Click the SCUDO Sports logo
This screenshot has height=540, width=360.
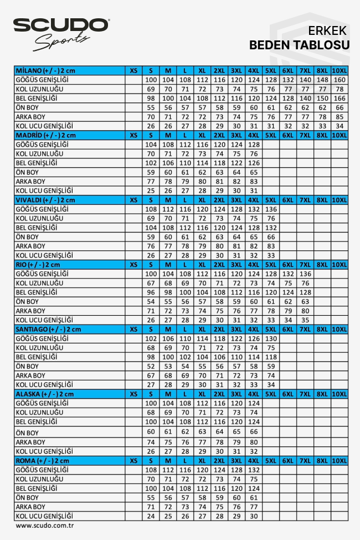61,32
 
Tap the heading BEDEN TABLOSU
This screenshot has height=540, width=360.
299,45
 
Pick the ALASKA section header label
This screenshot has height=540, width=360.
44,394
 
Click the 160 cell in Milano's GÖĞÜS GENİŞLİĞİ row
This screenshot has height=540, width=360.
340,80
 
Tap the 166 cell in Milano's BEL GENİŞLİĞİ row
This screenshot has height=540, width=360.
340,98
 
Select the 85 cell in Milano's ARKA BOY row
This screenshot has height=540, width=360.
340,117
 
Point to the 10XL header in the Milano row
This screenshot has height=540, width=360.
340,70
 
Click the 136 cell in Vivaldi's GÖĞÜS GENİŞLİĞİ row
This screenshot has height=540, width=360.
271,209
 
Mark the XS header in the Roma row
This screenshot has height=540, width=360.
133,460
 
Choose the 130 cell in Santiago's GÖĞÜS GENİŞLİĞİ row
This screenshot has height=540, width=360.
271,338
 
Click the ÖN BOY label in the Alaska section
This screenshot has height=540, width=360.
28,432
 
